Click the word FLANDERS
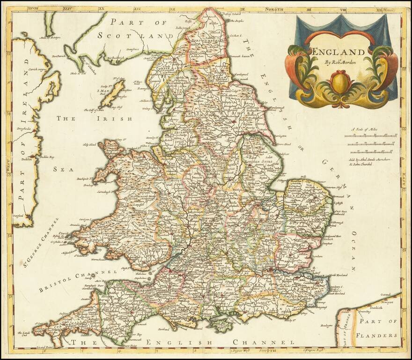pos(377,335)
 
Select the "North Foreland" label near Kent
pos(340,275)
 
